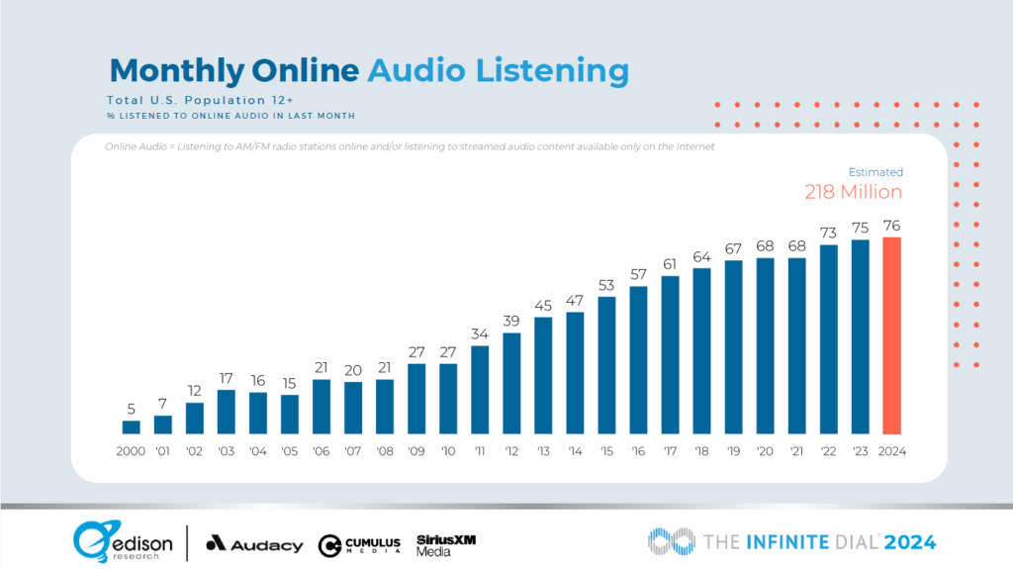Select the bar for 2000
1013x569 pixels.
tap(132, 427)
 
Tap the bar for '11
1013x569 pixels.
tap(480, 389)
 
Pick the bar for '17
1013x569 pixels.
tap(670, 354)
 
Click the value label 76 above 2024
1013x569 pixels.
tap(891, 225)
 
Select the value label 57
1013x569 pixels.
tap(638, 273)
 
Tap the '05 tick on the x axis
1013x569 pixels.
tap(290, 451)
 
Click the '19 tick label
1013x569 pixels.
tap(733, 451)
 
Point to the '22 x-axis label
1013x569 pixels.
tap(828, 451)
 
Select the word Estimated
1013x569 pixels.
tap(875, 171)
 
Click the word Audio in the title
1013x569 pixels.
tap(413, 70)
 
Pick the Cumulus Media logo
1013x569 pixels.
tap(359, 544)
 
